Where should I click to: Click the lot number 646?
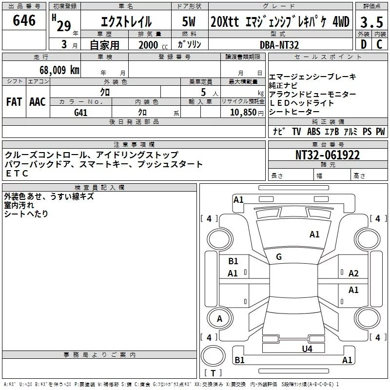click(x=24, y=20)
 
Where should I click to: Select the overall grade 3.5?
click(x=371, y=22)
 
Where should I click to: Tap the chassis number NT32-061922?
click(x=328, y=155)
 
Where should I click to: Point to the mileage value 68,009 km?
click(x=59, y=70)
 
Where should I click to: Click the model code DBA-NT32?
click(x=279, y=45)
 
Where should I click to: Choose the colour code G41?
click(x=81, y=113)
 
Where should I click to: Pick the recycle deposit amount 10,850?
click(x=243, y=113)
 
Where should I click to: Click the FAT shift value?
click(x=14, y=102)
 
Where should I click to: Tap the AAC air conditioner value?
click(x=38, y=102)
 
